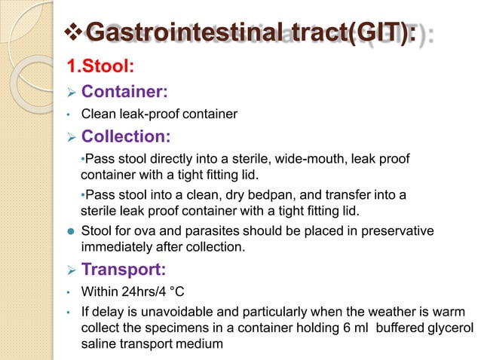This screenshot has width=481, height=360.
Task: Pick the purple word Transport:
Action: tap(124, 269)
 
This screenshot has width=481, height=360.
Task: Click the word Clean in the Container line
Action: tap(97, 114)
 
